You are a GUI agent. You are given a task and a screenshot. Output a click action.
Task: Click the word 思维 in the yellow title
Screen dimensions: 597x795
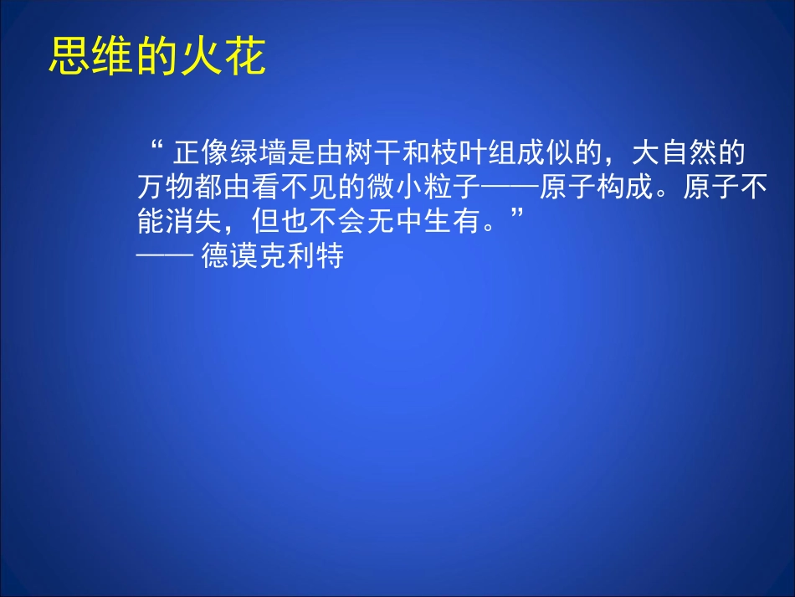click(x=92, y=57)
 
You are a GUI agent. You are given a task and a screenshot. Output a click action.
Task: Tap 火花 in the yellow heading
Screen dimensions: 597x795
click(x=223, y=57)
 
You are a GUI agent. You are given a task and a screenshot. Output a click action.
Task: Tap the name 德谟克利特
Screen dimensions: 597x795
click(x=273, y=255)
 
